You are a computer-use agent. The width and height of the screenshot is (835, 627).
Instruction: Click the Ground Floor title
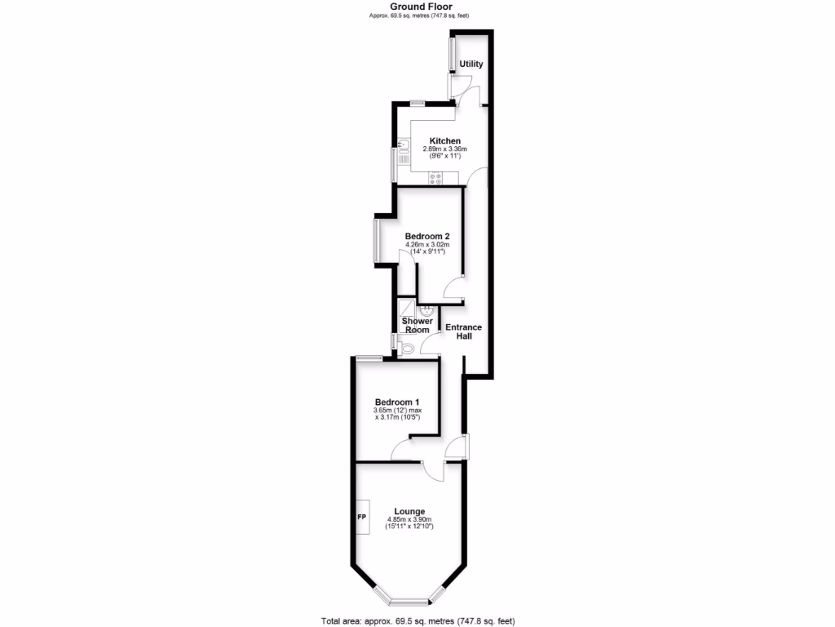pos(417,6)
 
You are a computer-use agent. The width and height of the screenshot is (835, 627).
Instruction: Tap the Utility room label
pos(471,64)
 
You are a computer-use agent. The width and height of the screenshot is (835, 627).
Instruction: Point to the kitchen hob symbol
pos(435,179)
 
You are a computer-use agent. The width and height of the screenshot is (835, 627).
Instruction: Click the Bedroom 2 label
pos(427,236)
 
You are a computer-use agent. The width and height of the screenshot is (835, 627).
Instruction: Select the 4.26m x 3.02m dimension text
pos(428,245)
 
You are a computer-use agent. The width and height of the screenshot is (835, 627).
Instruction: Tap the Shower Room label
pos(417,326)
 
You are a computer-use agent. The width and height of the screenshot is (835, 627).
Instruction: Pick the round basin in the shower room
pos(426,311)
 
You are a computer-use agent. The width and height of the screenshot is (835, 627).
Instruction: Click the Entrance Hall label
pos(462,331)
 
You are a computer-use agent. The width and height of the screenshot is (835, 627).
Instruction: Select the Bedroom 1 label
pos(397,402)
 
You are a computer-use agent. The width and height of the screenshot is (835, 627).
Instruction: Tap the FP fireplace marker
pos(361,518)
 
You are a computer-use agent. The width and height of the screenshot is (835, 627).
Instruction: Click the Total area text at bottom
pos(417,620)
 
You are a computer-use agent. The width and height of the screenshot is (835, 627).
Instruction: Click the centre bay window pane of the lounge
pos(409,603)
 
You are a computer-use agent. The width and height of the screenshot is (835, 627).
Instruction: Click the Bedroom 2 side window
pos(376,240)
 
